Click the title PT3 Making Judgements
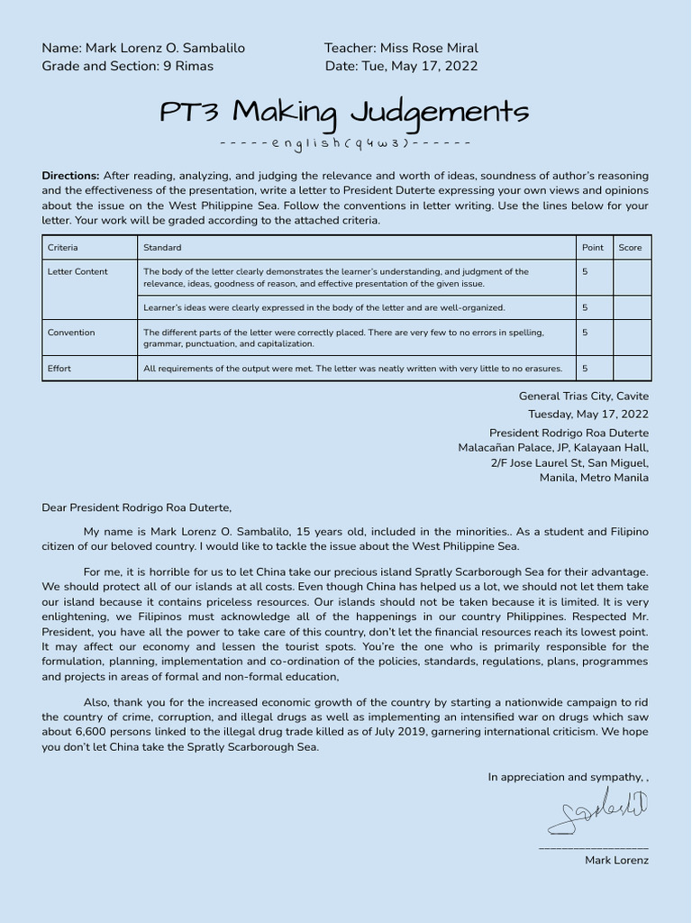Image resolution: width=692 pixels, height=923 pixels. click(x=344, y=113)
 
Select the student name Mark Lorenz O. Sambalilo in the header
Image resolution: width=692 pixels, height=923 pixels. click(x=165, y=48)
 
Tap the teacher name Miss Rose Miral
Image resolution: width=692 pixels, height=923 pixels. click(x=429, y=48)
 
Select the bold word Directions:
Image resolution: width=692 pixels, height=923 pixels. click(x=70, y=176)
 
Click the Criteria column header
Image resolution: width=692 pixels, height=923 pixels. click(x=63, y=247)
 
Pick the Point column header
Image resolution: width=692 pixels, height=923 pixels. click(x=593, y=247)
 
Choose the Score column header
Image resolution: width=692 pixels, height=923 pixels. click(x=631, y=247)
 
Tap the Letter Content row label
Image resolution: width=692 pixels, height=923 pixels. click(x=77, y=271)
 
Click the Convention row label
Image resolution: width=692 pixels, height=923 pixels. click(x=71, y=333)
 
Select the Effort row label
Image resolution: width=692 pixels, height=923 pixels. click(x=59, y=368)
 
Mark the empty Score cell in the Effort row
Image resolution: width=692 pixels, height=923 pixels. click(x=632, y=368)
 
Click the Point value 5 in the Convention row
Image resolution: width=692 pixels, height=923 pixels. click(x=585, y=333)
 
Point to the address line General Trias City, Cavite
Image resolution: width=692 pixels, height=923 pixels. click(x=583, y=396)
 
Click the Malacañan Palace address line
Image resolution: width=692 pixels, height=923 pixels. click(x=552, y=447)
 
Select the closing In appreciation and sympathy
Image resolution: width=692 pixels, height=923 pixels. click(x=566, y=776)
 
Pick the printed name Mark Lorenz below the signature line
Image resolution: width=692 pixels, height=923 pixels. click(x=616, y=860)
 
